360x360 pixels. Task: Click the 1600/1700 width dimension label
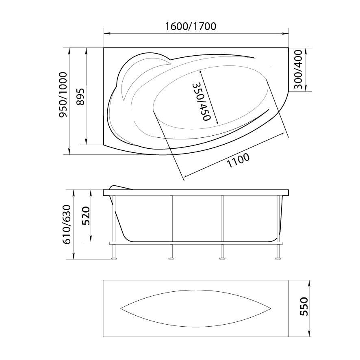coord(191,26)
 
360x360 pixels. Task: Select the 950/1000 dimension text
coord(63,101)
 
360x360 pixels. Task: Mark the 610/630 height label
coord(67,224)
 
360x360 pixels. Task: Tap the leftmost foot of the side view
coord(114,257)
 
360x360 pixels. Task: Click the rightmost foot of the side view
coord(278,257)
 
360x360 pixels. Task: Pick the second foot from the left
coord(171,257)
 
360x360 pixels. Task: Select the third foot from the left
coord(222,257)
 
